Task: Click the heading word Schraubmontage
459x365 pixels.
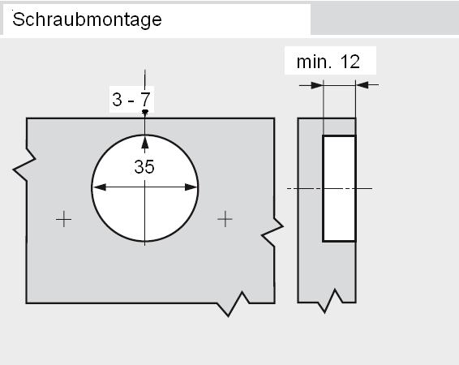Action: coord(87,20)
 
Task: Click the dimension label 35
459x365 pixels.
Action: coord(144,167)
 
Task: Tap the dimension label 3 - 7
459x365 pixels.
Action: coord(131,99)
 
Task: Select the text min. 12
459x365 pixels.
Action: coord(328,62)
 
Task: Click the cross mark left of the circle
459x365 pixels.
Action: coord(63,219)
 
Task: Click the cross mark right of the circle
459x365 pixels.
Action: coord(225,219)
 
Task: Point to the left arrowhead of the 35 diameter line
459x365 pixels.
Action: coord(100,187)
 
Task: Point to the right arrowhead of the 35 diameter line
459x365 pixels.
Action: coord(191,187)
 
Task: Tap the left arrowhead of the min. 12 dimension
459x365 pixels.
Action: coord(317,85)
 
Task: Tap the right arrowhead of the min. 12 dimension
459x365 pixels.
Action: coord(362,85)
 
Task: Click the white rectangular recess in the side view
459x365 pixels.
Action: coord(339,188)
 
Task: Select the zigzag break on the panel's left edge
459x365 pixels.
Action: coord(24,165)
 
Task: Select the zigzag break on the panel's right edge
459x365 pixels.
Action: coord(272,231)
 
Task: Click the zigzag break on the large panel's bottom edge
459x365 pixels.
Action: coord(233,304)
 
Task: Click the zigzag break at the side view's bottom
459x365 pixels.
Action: coord(330,301)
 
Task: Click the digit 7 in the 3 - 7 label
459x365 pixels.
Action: coord(145,99)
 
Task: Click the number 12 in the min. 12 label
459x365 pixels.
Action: coord(350,62)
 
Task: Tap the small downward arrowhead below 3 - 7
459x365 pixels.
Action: coord(144,111)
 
